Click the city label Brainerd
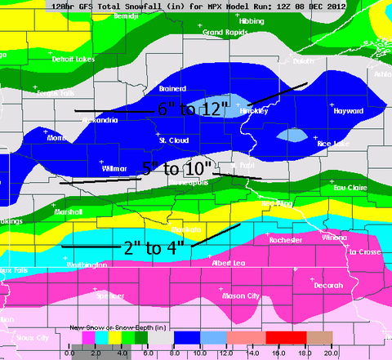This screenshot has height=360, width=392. click(x=172, y=88)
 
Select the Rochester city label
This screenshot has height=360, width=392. click(x=286, y=241)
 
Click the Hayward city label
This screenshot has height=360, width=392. click(x=349, y=110)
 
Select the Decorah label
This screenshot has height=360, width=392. click(x=327, y=286)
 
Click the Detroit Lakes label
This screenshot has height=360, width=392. click(x=74, y=60)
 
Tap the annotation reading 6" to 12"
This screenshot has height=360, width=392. click(x=192, y=109)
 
